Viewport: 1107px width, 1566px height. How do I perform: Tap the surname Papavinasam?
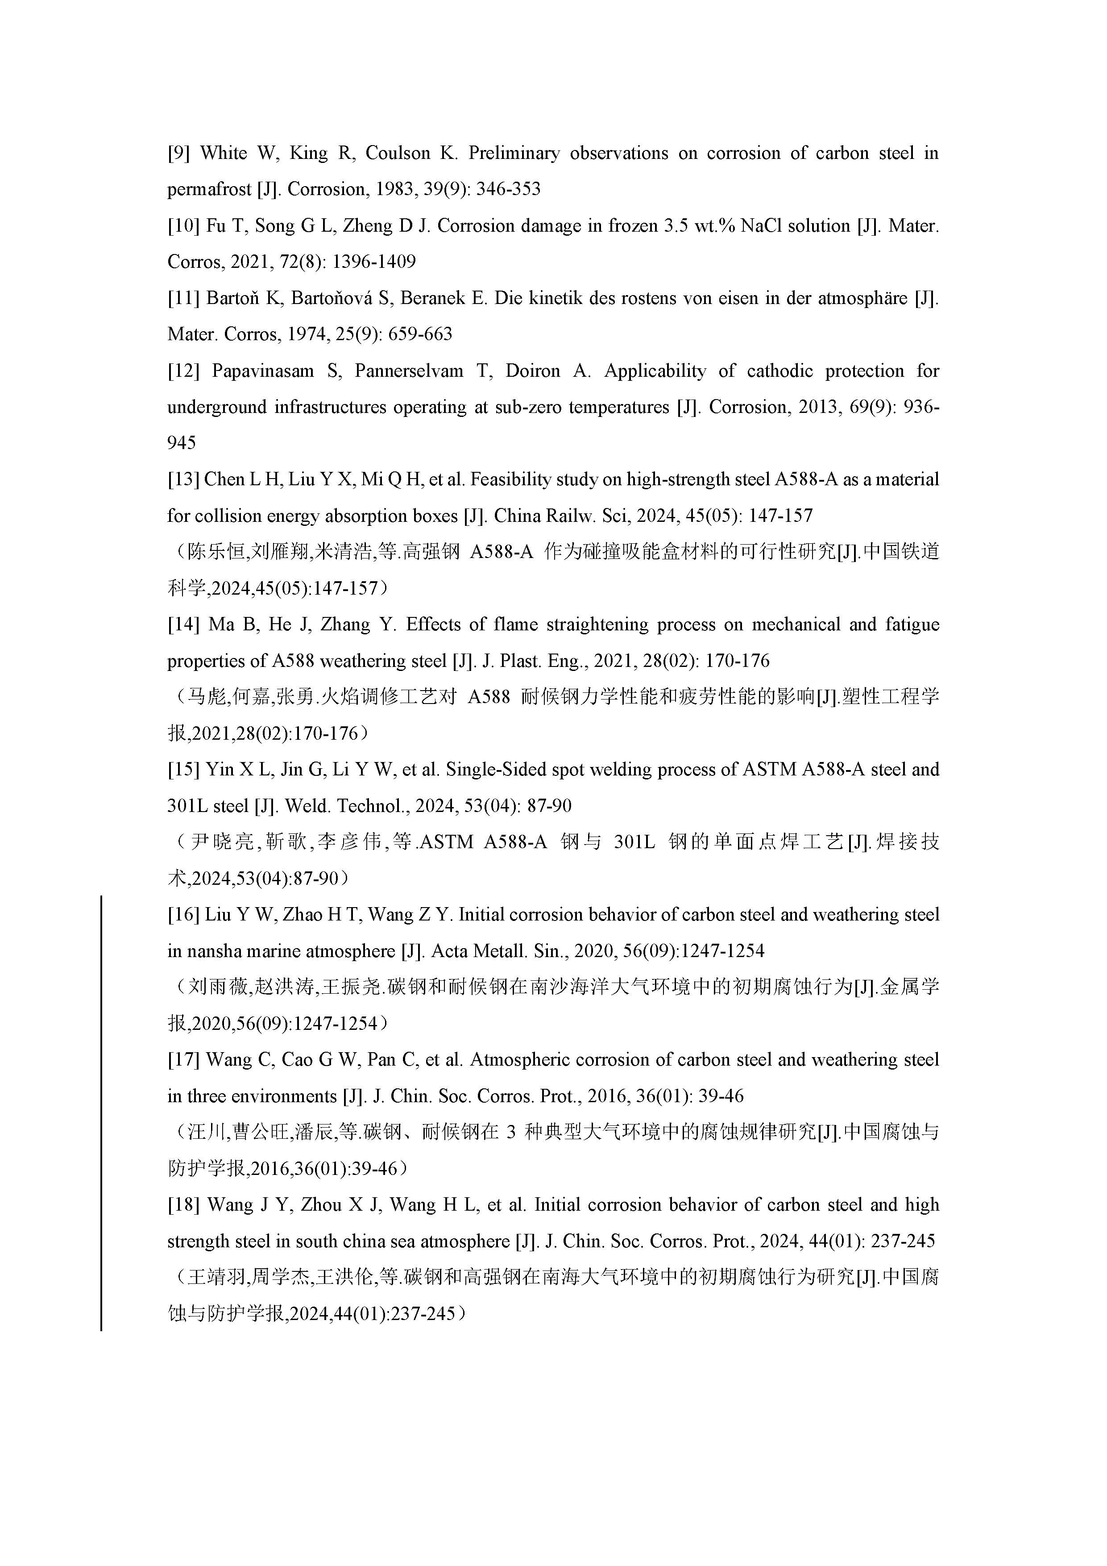point(263,371)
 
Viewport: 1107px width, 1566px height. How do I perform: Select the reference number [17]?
point(182,1060)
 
